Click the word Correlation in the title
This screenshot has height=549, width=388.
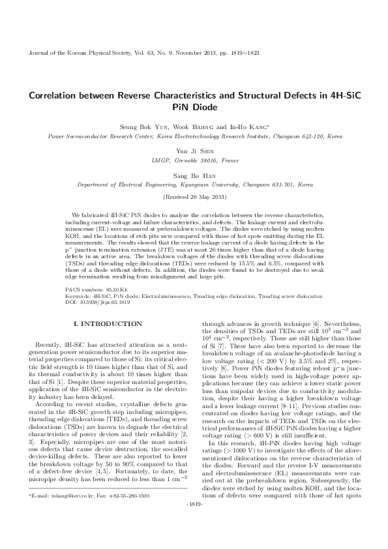coord(54,95)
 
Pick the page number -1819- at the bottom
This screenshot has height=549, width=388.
coord(194,522)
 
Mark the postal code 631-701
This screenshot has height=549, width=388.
coord(282,185)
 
